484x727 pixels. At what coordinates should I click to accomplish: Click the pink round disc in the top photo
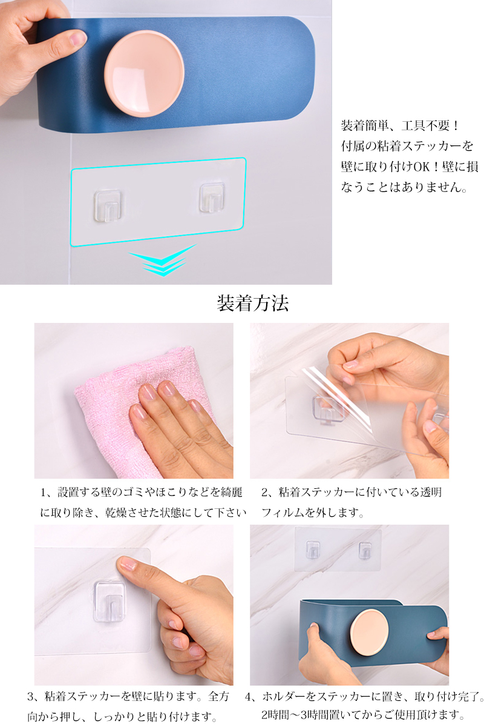click(x=144, y=74)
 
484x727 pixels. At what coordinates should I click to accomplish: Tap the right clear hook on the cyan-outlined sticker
click(x=212, y=198)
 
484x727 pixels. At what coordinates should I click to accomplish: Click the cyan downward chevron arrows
click(x=162, y=260)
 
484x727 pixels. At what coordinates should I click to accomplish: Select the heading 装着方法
click(x=252, y=304)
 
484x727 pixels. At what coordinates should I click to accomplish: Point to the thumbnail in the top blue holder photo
click(x=77, y=38)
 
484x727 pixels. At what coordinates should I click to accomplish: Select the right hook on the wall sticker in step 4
click(x=365, y=551)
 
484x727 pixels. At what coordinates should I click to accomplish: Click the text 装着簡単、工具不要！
click(x=400, y=125)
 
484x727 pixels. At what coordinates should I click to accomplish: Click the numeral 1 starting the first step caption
click(x=43, y=493)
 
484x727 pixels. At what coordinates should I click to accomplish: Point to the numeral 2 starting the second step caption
click(x=265, y=493)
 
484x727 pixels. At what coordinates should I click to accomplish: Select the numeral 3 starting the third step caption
click(x=31, y=696)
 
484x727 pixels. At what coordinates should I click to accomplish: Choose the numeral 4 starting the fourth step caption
click(x=248, y=696)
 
